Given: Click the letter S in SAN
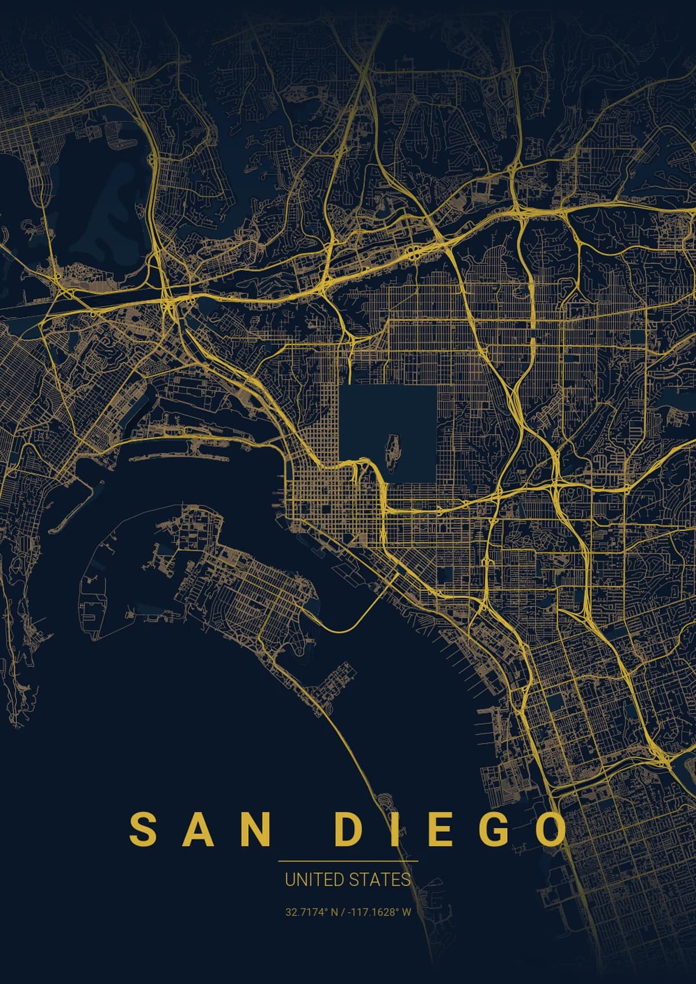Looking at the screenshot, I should click(143, 830).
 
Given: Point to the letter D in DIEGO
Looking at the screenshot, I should click(350, 830).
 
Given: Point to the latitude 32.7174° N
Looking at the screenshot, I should click(311, 912).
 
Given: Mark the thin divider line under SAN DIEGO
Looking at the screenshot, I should click(348, 862).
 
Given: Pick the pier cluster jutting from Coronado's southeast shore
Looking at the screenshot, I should click(336, 684).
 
